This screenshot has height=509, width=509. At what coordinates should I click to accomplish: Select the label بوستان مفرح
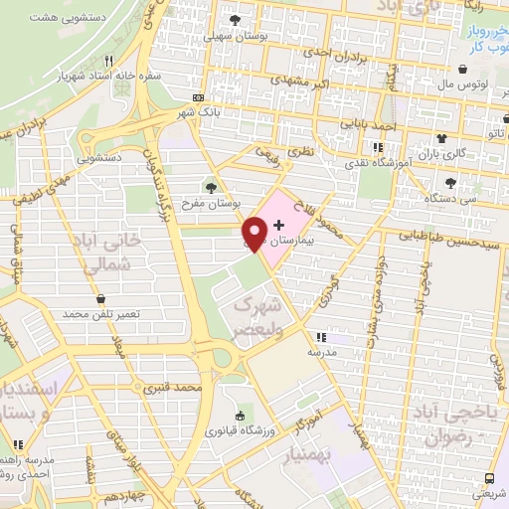point(210,203)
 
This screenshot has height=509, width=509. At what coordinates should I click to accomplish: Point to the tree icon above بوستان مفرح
point(210,186)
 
